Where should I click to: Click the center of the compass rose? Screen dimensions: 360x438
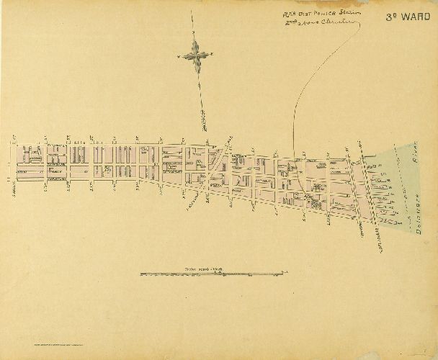click(196, 53)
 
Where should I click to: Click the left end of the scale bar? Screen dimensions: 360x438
click(140, 273)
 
